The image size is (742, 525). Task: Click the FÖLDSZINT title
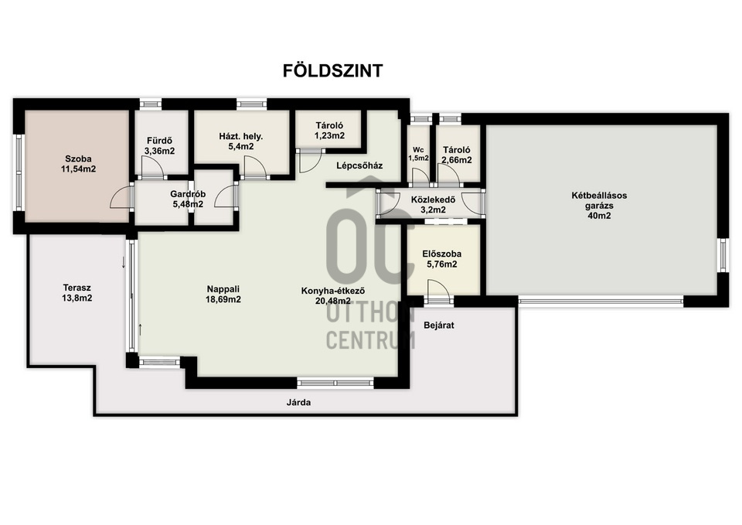pos(332,70)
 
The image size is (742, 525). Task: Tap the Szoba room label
pos(78,159)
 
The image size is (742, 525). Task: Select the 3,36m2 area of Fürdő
pos(159,152)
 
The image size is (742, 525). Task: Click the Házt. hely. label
pos(241,136)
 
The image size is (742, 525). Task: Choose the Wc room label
pos(418,149)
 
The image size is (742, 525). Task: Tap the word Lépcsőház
pos(359,165)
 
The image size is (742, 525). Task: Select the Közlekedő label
pos(433,199)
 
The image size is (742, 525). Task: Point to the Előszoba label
pos(442,254)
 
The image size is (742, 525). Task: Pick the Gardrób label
pos(188,194)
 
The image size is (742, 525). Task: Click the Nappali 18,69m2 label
pos(223,294)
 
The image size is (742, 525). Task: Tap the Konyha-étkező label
pos(333,291)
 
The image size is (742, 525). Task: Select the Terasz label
pos(77,288)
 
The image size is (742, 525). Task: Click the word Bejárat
pos(439,326)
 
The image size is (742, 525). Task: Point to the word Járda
pos(298,402)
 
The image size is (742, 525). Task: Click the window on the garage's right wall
pos(723,255)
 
